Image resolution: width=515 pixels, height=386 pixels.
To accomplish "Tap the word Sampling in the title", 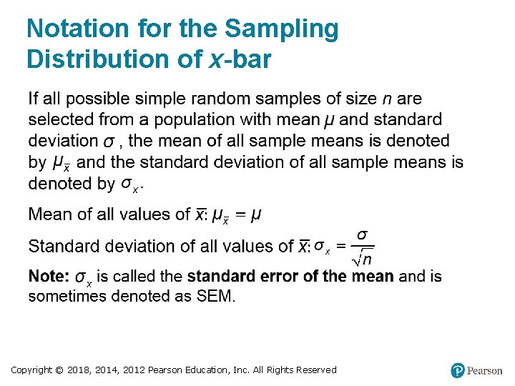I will point(281,29).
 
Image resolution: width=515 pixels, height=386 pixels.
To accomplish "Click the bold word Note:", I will point(49,276).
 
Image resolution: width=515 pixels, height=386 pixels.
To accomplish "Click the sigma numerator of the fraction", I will point(363,235).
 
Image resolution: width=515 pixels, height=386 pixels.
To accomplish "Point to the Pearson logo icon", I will point(458,370).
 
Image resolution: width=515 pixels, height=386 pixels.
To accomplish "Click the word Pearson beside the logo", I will point(485,370).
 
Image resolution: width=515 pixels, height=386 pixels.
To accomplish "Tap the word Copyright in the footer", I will point(32,370).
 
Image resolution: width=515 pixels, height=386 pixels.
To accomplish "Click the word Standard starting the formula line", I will point(60,247).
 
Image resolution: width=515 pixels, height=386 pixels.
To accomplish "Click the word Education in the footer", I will point(203,370).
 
